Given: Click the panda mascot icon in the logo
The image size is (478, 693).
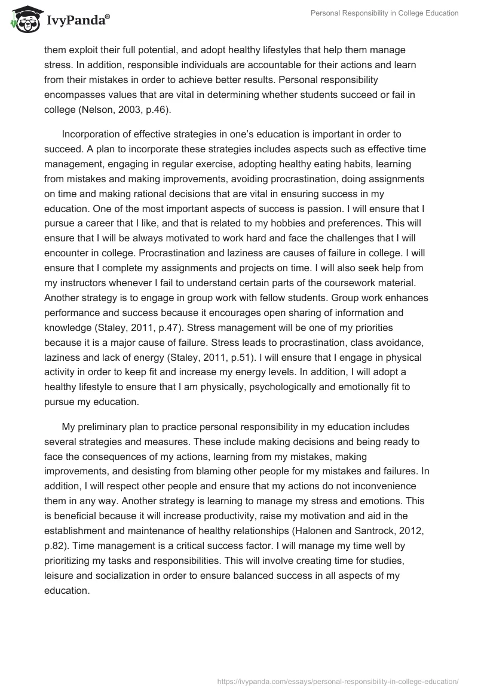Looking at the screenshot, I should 22,19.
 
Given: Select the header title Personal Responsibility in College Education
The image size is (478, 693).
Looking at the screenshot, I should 384,13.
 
